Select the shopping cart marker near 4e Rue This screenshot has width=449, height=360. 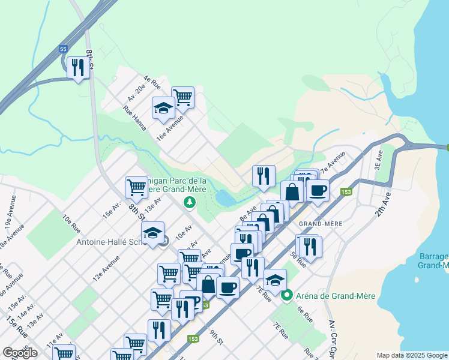pyautogui.click(x=182, y=97)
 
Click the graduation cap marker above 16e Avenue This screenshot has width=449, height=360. pyautogui.click(x=163, y=109)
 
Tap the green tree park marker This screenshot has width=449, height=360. pyautogui.click(x=190, y=203)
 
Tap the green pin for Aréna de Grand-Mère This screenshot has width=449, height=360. pyautogui.click(x=287, y=295)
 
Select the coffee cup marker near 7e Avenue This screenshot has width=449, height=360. pyautogui.click(x=318, y=191)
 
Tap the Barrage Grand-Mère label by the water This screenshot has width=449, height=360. pyautogui.click(x=433, y=260)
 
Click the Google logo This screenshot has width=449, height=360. pyautogui.click(x=20, y=353)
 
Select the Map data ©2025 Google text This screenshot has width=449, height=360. pyautogui.click(x=411, y=355)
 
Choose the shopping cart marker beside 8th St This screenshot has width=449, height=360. pyautogui.click(x=137, y=187)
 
